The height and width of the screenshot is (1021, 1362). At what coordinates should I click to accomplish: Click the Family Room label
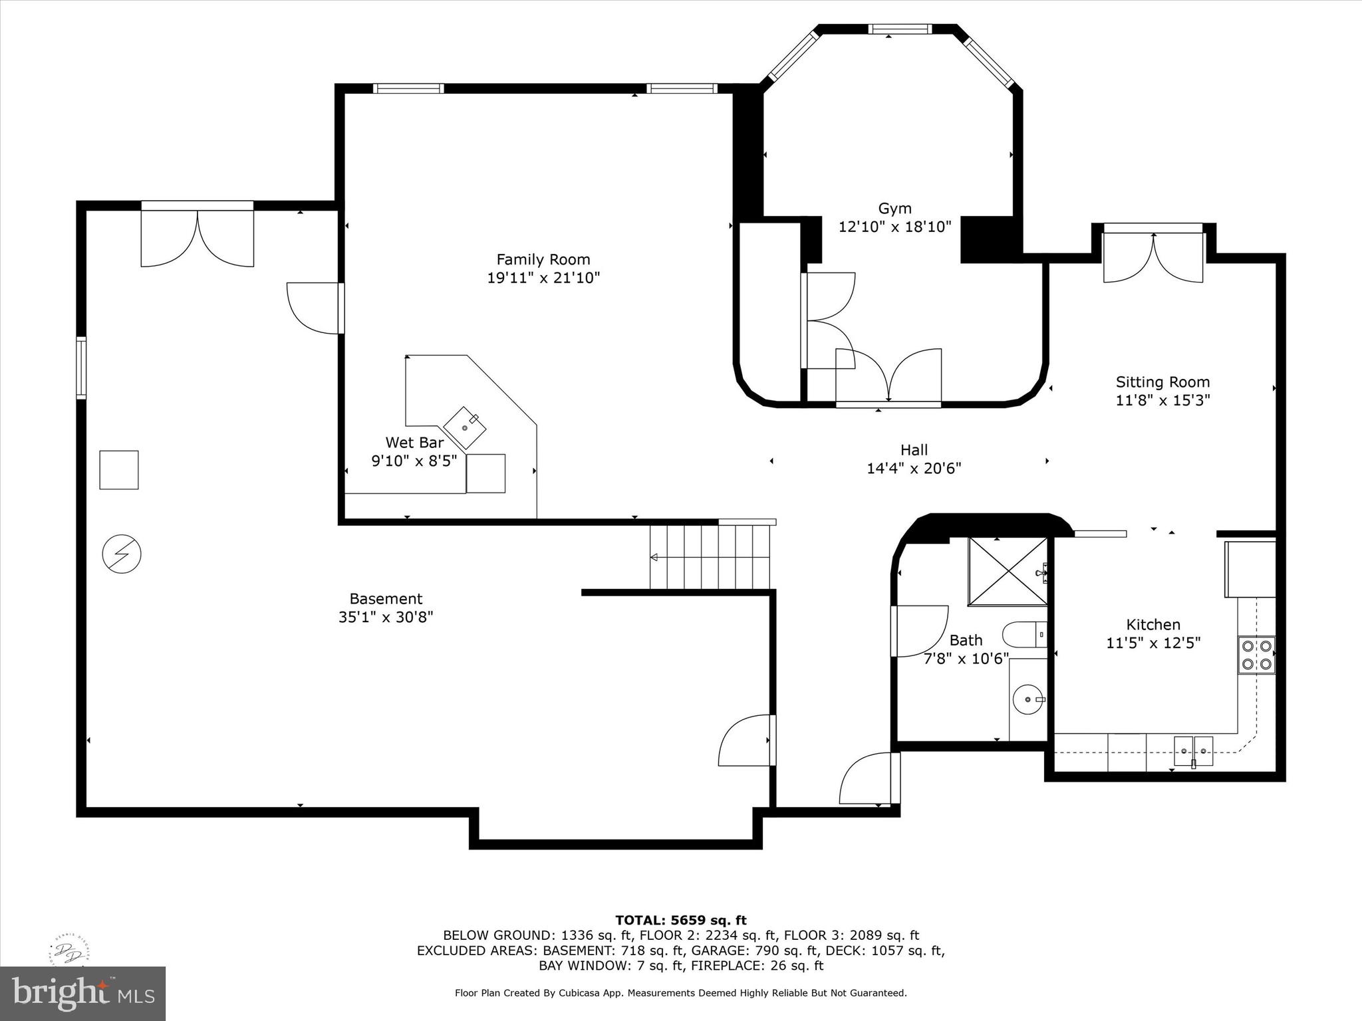tap(543, 259)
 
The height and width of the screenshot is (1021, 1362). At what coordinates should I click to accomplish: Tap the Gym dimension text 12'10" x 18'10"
tap(894, 227)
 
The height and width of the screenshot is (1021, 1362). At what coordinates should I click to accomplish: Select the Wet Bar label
tap(414, 443)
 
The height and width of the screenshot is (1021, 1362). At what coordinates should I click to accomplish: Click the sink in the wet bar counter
tap(465, 427)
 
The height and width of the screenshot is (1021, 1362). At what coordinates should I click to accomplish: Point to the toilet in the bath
tap(1025, 635)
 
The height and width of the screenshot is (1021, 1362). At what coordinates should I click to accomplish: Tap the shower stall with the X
tap(1008, 572)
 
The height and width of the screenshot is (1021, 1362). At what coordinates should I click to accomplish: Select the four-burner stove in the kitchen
tap(1256, 655)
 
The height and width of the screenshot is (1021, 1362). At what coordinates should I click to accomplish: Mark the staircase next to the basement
tap(710, 556)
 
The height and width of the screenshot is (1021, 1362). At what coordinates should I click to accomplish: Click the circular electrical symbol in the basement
tap(122, 554)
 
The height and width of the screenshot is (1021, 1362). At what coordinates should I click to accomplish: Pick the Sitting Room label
tap(1162, 382)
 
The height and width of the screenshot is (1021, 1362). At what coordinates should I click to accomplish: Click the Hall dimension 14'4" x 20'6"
tap(914, 469)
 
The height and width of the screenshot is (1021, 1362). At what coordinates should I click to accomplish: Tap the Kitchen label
tap(1153, 625)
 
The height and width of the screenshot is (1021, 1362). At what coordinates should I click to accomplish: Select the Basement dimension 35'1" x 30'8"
tap(386, 618)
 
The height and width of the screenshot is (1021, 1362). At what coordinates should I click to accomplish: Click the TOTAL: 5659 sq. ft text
tap(681, 921)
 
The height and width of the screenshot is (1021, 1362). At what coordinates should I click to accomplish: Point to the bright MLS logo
tap(83, 993)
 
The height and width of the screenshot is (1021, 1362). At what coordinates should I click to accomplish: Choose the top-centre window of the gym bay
tap(900, 29)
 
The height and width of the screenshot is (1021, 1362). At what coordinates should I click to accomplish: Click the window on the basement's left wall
tap(81, 368)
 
